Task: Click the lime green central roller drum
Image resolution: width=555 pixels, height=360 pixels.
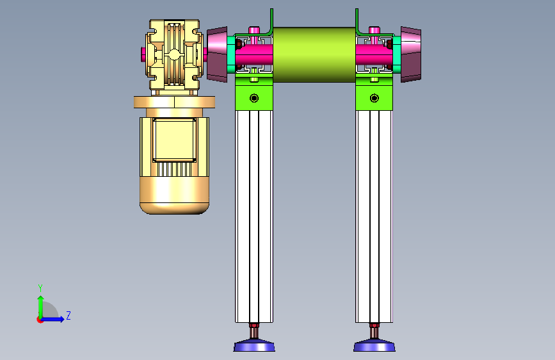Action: tap(314, 54)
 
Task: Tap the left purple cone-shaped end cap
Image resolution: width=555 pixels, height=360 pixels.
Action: tap(217, 54)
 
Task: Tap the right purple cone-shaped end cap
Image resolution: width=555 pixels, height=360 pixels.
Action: tap(411, 54)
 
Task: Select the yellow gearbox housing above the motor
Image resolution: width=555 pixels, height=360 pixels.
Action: tap(173, 55)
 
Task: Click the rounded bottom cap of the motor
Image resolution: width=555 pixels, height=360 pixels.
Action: tap(175, 195)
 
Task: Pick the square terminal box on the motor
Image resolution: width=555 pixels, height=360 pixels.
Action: tap(175, 140)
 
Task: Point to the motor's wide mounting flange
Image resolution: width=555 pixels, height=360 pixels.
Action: tap(175, 102)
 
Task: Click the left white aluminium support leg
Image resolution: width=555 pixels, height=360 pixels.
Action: tap(254, 216)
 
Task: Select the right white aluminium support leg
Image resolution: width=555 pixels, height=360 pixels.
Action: tap(374, 216)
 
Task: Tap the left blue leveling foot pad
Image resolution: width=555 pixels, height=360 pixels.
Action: tap(254, 345)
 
